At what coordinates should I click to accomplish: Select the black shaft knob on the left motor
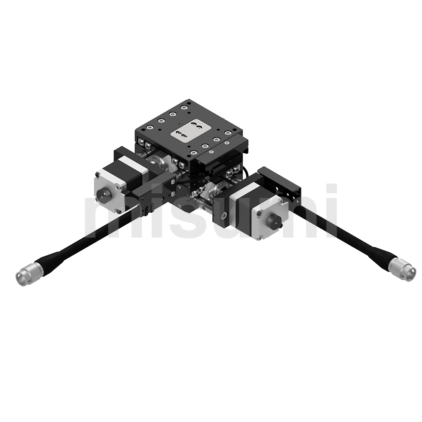[103, 194]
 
